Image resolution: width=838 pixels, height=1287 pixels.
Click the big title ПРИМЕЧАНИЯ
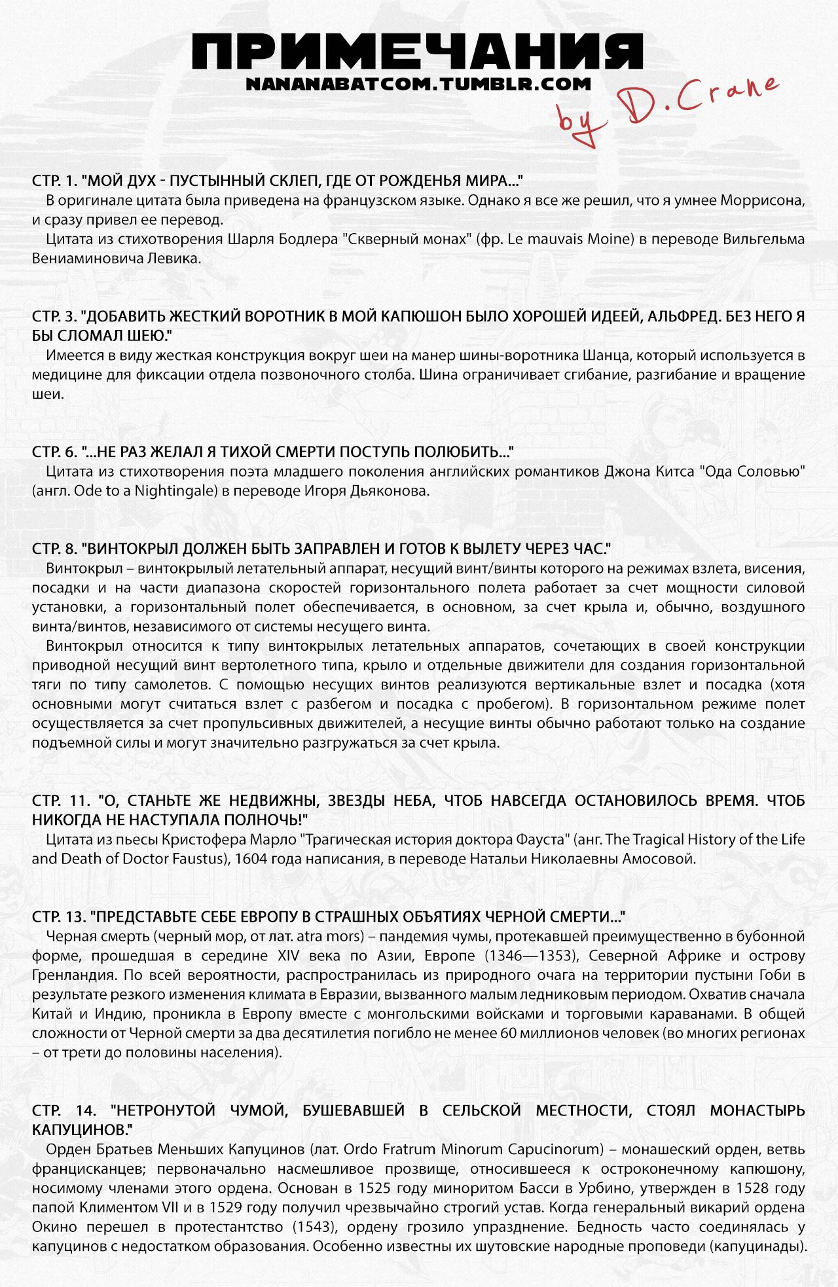tap(419, 52)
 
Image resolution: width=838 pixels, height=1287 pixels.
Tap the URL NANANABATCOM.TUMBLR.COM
tap(418, 84)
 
